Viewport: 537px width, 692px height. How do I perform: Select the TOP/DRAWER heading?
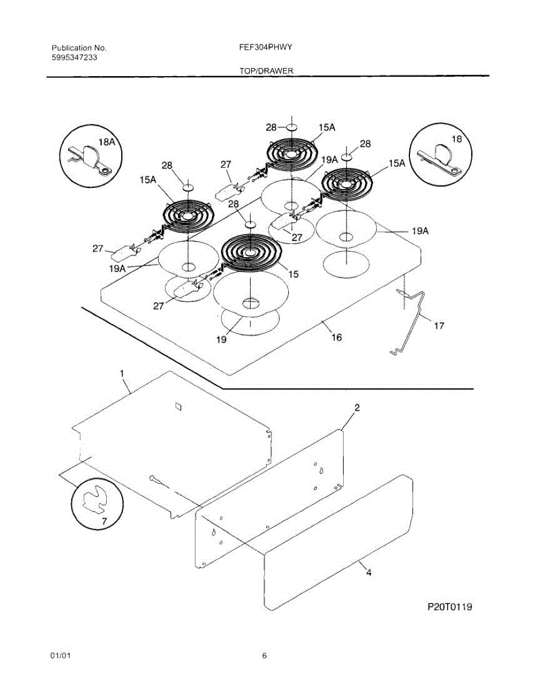[266, 71]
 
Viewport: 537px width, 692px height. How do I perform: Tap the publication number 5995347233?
[73, 58]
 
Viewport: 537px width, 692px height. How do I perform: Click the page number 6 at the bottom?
[264, 656]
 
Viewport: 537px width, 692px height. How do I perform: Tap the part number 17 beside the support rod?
[439, 326]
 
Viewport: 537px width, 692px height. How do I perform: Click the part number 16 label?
[336, 337]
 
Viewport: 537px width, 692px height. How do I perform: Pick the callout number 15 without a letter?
[293, 274]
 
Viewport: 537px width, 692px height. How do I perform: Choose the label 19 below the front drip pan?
[222, 340]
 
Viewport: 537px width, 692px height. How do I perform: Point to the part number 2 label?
[357, 408]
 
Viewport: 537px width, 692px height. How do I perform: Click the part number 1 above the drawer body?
[122, 374]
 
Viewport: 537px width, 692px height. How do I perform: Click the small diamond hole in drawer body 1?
[178, 406]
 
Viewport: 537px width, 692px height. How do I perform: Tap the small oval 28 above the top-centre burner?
[292, 127]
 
